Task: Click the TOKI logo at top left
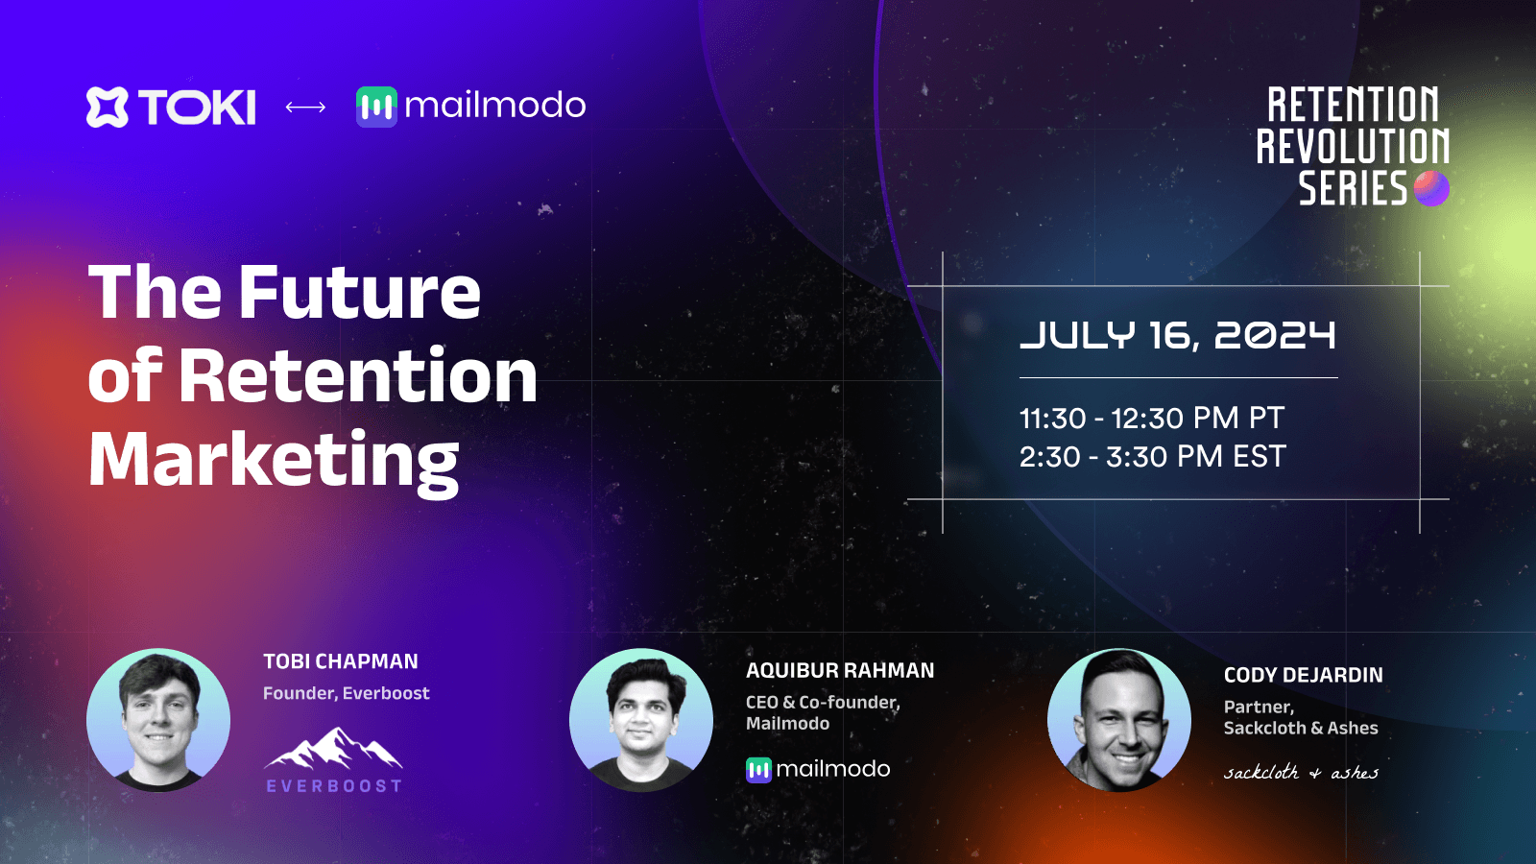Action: point(171,107)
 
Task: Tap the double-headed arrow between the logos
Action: point(305,107)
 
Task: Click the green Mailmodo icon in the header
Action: point(376,107)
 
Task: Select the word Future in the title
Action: point(359,293)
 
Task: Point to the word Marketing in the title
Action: point(274,460)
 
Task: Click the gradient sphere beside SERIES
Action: point(1431,188)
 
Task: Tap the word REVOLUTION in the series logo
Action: point(1353,147)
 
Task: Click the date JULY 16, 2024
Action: point(1177,336)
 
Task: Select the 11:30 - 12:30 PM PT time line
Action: point(1151,419)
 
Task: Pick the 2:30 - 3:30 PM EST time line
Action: point(1152,457)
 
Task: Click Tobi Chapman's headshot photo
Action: point(158,720)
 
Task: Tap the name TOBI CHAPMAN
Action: point(341,661)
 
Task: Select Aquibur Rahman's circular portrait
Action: point(641,720)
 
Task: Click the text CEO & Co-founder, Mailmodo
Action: point(823,712)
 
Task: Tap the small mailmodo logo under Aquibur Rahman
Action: point(818,769)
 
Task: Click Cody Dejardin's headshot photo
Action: point(1119,720)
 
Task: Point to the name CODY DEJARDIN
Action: point(1303,675)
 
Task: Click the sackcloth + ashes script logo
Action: point(1301,773)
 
